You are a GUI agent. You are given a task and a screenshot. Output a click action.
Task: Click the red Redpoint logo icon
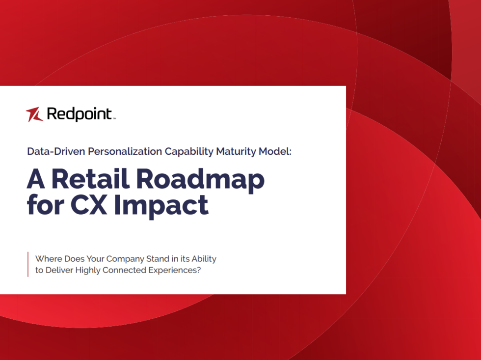point(34,114)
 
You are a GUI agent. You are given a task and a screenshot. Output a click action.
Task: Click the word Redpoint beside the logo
point(79,114)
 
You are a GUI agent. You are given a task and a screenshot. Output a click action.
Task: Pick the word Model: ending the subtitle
point(275,151)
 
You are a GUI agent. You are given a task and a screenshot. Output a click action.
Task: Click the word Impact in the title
point(161,206)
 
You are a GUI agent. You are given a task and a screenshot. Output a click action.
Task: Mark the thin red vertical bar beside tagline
point(28,264)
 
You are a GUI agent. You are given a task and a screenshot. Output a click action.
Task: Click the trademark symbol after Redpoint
point(114,118)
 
